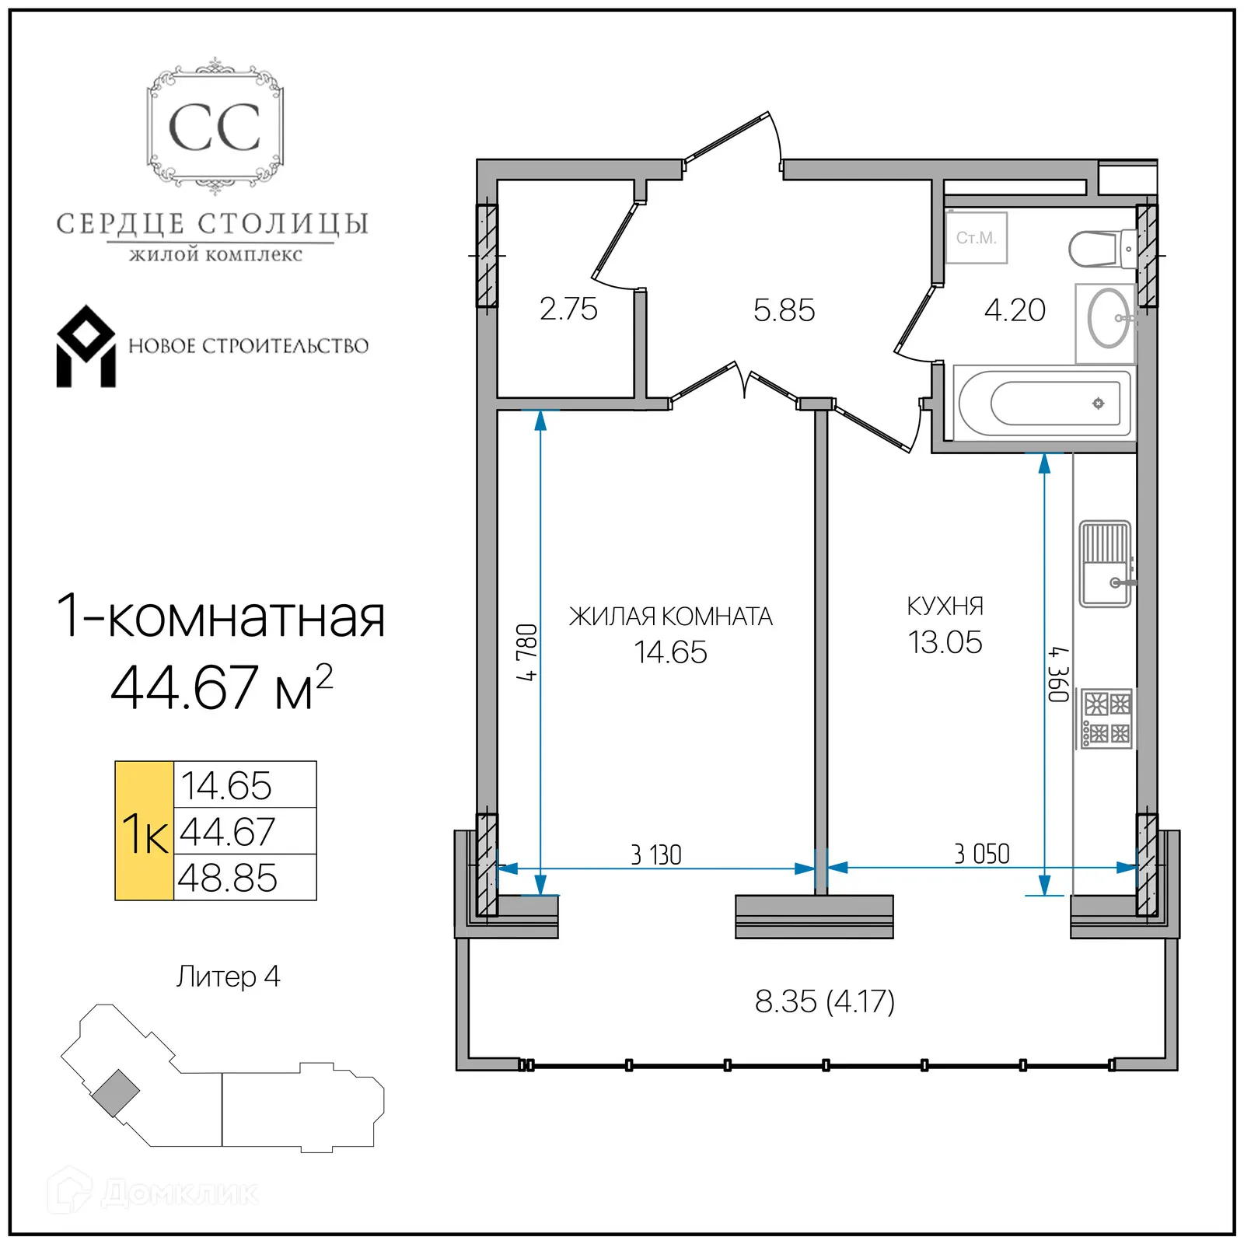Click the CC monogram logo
coord(215,127)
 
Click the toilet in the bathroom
coord(1099,249)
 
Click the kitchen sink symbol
coord(1105,564)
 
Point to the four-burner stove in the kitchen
coord(1106,719)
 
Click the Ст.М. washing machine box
coord(977,238)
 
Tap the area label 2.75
coord(568,309)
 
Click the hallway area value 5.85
coord(784,311)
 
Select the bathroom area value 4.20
coord(1015,310)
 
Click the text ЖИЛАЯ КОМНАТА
coord(670,617)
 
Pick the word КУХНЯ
coord(945,606)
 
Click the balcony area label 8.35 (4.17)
coord(824,1001)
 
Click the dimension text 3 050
coord(981,854)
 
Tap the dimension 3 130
coord(655,855)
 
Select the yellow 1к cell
coord(145,831)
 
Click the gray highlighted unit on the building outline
coord(116,1093)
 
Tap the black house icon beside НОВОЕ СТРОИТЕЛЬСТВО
coord(86,347)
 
